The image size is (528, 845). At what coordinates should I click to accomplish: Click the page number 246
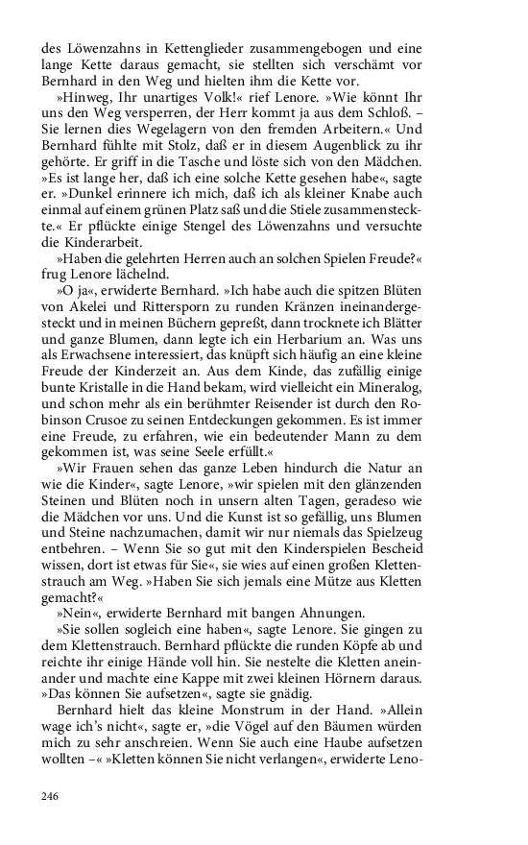50,796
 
